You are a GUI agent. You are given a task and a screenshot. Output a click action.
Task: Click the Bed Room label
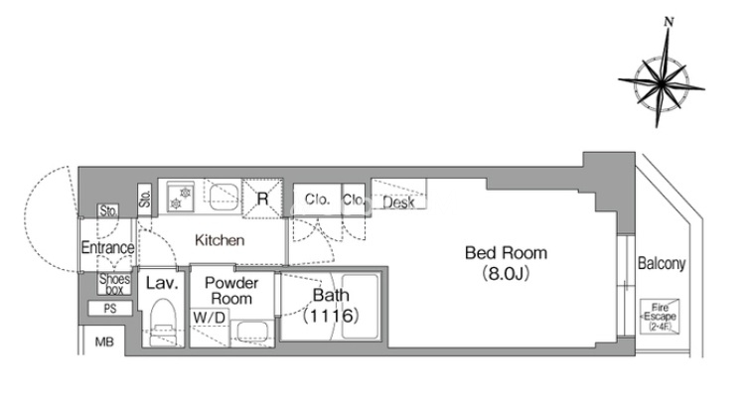click(506, 252)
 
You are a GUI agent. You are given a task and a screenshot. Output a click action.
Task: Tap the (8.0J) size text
click(506, 274)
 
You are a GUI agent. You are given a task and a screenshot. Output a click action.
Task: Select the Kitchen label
click(220, 240)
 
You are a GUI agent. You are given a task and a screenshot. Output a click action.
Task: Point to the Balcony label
click(662, 263)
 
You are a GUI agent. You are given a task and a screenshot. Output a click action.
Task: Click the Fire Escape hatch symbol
click(660, 317)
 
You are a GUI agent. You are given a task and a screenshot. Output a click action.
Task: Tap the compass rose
click(661, 84)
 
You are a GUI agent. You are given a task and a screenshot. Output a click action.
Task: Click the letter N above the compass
click(670, 22)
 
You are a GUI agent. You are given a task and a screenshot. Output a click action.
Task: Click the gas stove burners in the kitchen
click(181, 198)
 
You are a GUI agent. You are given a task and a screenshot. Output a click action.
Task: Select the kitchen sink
click(224, 197)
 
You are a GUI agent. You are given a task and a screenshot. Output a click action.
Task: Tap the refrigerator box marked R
click(262, 199)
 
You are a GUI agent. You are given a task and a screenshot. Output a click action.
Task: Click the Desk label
click(398, 202)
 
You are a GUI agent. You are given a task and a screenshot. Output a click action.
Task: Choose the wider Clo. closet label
click(316, 199)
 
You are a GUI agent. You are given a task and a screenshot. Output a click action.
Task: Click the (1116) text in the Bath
click(331, 316)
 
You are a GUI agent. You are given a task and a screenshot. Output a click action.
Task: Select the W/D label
click(209, 317)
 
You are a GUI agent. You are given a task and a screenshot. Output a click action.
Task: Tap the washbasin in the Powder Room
click(251, 332)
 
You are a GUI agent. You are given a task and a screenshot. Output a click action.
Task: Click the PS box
click(110, 309)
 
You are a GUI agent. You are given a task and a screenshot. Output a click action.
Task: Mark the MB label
click(104, 341)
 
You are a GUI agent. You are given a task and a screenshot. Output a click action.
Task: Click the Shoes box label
click(115, 284)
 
